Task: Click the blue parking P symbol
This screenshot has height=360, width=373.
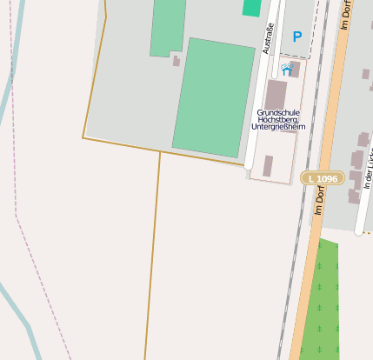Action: [x=296, y=37]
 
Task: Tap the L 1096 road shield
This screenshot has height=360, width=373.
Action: [x=323, y=178]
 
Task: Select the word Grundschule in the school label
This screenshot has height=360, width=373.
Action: [x=277, y=112]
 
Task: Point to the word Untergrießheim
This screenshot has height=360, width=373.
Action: [x=277, y=127]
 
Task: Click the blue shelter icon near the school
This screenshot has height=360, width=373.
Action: [x=286, y=70]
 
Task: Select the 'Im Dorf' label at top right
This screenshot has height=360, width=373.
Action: [x=345, y=16]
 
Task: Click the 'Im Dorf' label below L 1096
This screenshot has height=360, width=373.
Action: [x=320, y=208]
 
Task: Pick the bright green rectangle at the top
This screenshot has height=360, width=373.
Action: [x=251, y=7]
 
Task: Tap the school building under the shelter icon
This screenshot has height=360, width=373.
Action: [x=276, y=93]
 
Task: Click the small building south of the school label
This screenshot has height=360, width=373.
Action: [x=268, y=165]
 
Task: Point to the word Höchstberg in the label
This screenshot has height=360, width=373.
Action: [x=277, y=120]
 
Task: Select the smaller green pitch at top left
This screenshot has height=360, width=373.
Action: [x=168, y=26]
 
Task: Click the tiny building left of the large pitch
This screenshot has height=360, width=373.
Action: [x=177, y=61]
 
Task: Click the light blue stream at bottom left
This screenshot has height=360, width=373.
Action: [x=17, y=309]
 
